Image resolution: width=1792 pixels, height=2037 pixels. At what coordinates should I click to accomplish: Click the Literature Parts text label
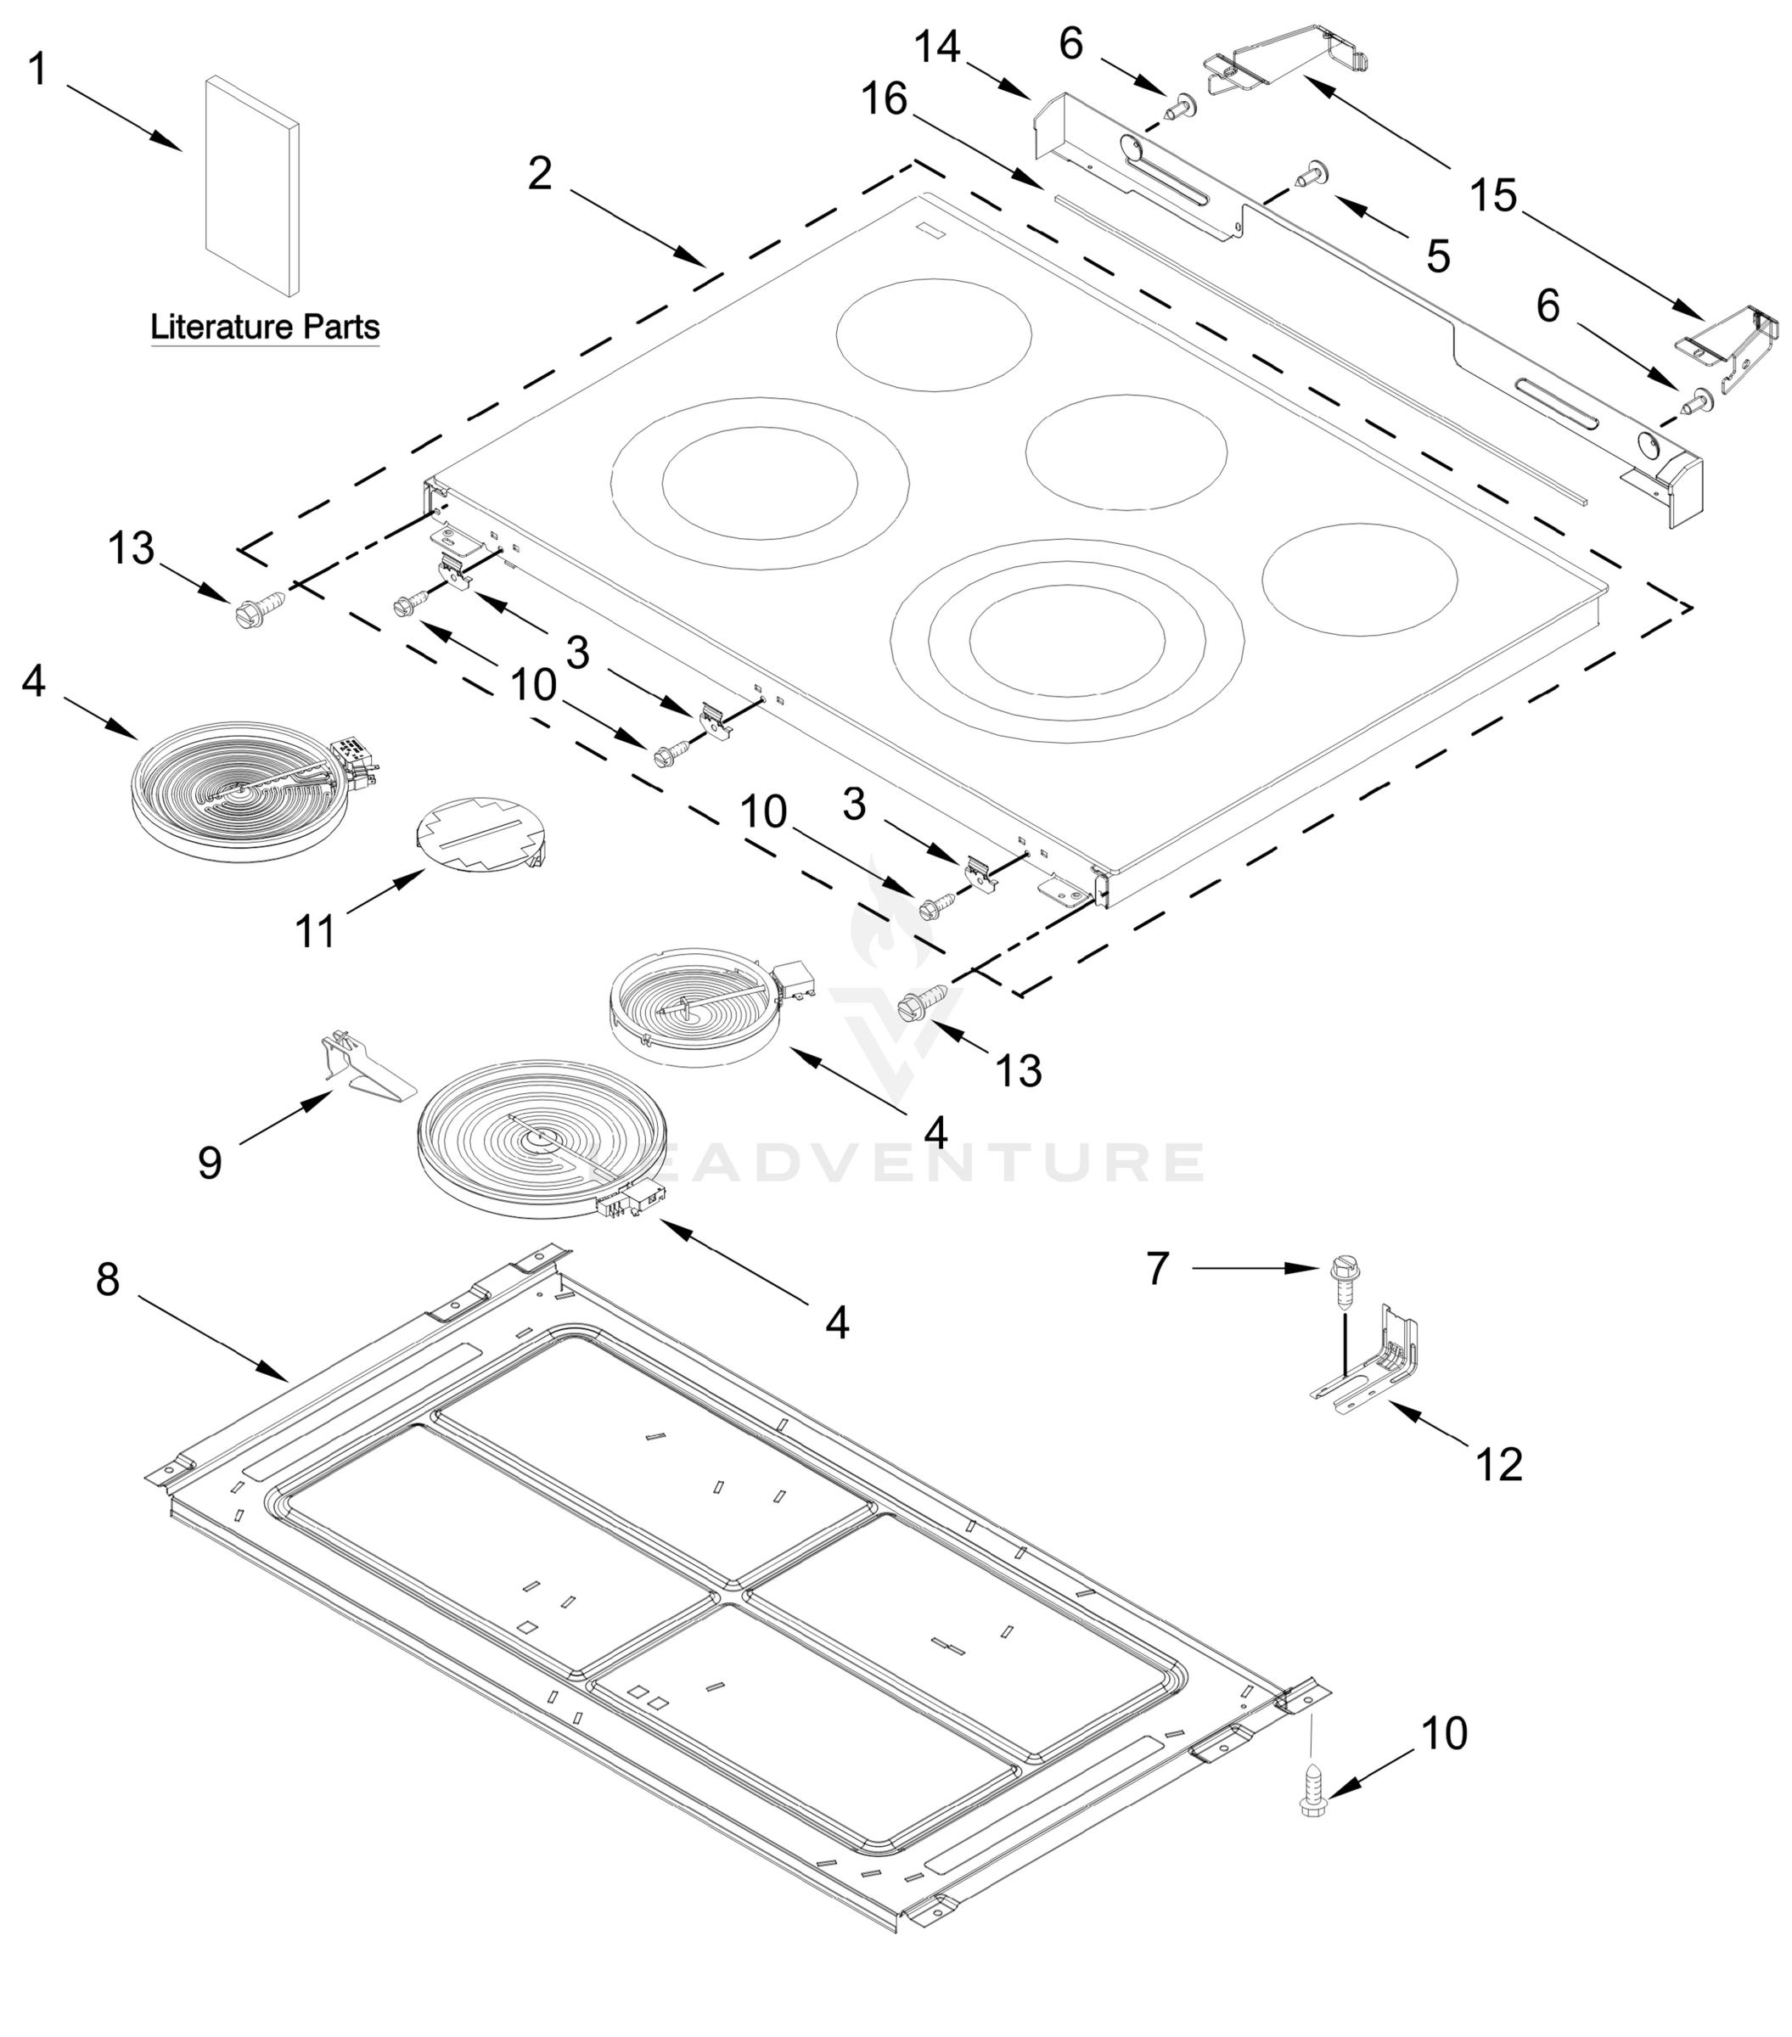coord(264,327)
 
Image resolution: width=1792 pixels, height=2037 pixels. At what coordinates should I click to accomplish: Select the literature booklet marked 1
coord(252,187)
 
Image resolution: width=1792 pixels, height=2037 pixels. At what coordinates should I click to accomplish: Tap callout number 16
coord(884,99)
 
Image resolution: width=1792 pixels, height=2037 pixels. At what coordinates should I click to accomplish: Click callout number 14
coord(937,47)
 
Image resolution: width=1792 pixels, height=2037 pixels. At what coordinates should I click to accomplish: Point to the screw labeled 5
coord(1309,177)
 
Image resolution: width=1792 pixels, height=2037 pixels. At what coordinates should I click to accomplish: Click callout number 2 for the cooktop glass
coord(539,174)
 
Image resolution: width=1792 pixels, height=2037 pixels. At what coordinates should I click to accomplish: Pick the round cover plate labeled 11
coord(477,834)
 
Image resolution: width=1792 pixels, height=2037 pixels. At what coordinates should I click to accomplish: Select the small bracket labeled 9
coord(362,1069)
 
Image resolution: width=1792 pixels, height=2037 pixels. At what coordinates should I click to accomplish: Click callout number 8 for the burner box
coord(108,1278)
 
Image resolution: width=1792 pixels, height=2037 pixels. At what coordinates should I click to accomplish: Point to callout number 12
coord(1499,1465)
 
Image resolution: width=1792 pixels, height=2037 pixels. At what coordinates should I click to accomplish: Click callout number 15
coord(1493,195)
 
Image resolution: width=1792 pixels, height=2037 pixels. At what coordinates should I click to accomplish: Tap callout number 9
coord(210,1163)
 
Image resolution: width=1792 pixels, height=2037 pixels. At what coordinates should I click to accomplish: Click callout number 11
coord(316,933)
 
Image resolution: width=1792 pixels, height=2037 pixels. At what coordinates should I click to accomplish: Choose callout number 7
coord(1156,1269)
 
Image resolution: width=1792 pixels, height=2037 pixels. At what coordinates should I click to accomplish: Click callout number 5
coord(1437,257)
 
